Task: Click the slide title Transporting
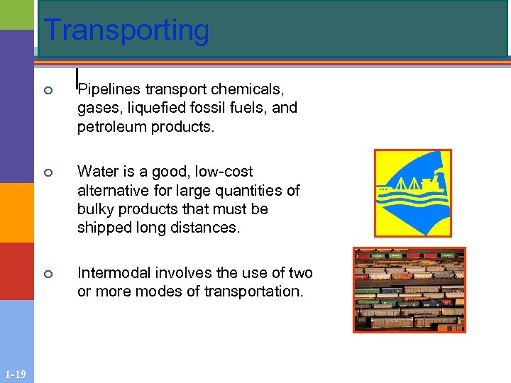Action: [x=126, y=30]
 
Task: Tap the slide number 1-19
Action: [x=16, y=374]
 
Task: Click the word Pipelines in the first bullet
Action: [x=109, y=89]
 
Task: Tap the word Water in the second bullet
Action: [x=97, y=172]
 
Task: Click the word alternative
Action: [x=112, y=191]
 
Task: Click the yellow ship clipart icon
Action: [x=412, y=192]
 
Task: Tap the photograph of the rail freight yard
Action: [x=410, y=289]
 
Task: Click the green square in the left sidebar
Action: [x=16, y=14]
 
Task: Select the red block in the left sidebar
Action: [x=16, y=271]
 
